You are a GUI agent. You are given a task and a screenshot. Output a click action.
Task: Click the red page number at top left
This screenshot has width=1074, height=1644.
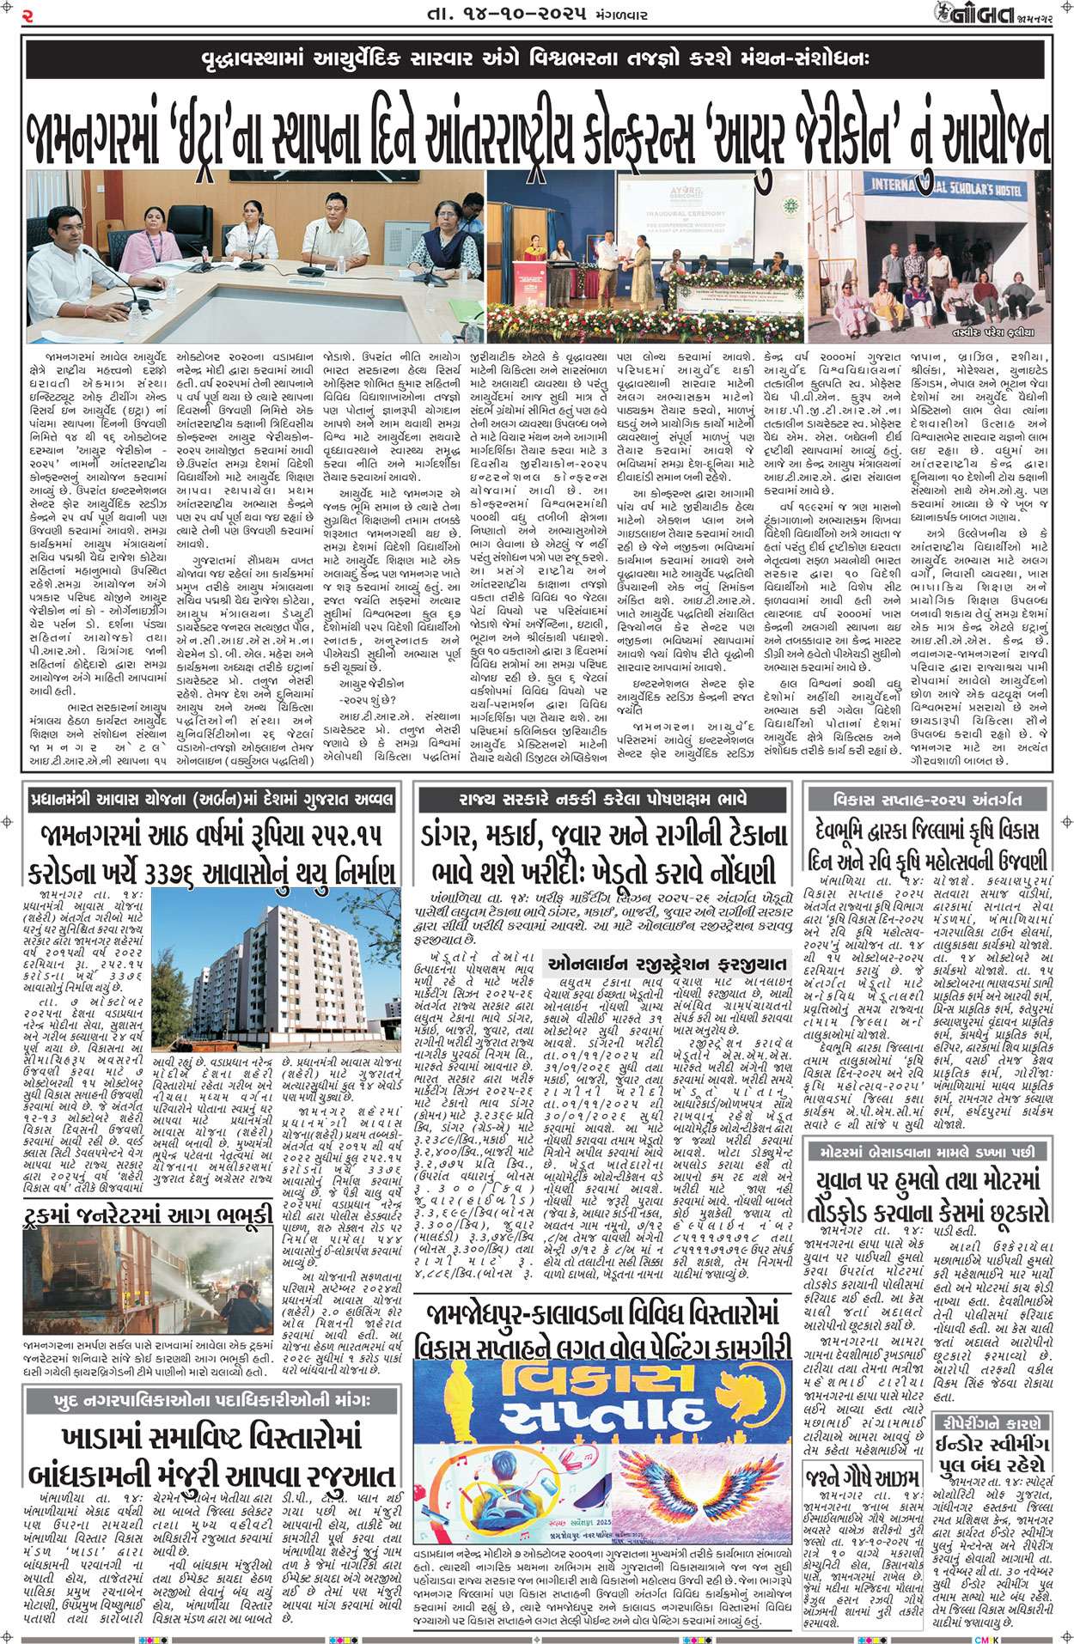coord(28,15)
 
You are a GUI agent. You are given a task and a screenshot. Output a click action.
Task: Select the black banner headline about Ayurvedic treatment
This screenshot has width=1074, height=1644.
coord(536,59)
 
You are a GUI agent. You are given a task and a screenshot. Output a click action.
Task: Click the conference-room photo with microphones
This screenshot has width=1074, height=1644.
coord(254,255)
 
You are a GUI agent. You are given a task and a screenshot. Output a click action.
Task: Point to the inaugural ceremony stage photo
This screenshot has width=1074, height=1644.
coord(644,255)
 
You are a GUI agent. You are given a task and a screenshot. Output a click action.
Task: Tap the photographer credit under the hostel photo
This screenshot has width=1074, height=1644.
coord(992,332)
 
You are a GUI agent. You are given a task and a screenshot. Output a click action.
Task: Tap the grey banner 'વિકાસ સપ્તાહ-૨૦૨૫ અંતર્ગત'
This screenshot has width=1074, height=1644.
coord(928,800)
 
